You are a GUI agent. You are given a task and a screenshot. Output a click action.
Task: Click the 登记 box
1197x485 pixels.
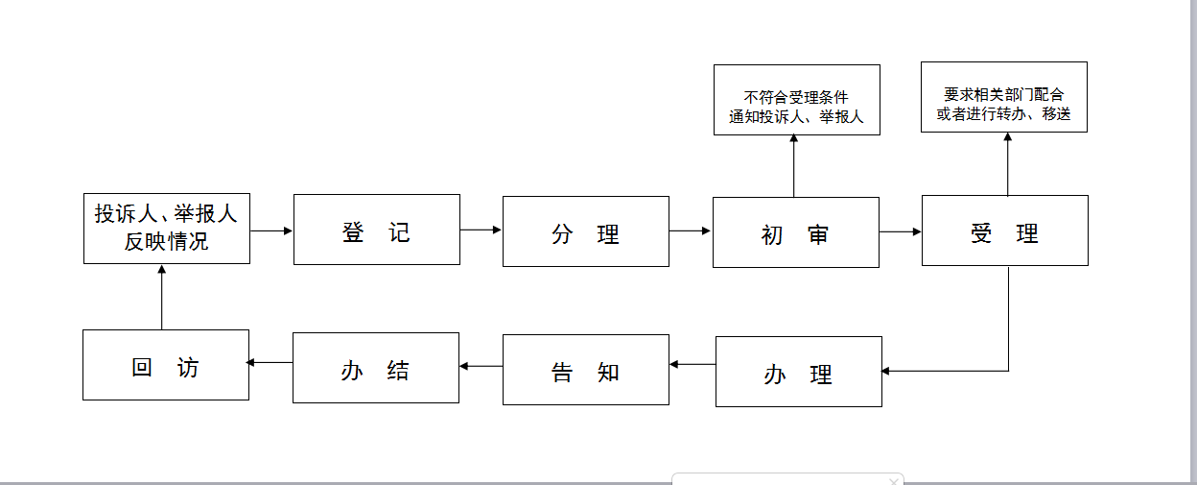(377, 230)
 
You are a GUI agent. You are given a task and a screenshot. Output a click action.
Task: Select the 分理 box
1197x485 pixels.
(586, 231)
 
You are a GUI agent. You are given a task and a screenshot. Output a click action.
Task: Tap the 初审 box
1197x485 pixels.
(796, 232)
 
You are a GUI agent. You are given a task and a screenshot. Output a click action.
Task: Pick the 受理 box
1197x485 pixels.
(1004, 230)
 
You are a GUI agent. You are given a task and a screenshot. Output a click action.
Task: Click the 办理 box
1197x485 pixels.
(799, 372)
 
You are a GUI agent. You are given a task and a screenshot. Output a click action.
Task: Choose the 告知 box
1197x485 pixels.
(586, 370)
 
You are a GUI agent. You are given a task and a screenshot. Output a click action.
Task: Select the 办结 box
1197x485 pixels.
(376, 368)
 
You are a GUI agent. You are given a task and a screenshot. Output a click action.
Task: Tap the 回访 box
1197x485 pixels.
(166, 365)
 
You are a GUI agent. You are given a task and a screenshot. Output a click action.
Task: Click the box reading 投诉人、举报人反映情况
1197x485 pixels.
(167, 229)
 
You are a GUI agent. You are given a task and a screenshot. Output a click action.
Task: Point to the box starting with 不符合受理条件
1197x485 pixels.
(797, 100)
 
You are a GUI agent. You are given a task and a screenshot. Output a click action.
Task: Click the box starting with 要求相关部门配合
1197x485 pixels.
(1004, 97)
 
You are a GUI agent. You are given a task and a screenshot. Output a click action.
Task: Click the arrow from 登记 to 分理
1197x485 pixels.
(481, 230)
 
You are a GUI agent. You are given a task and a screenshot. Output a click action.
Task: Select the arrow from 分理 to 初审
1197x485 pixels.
(691, 230)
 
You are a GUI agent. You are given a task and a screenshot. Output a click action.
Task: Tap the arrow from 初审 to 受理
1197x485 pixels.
(901, 231)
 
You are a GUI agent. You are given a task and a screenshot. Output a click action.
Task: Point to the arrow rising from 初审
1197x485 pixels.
(793, 166)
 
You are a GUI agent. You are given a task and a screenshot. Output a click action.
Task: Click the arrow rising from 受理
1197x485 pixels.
(1008, 164)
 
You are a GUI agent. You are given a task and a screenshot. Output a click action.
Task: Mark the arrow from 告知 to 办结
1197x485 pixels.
(481, 366)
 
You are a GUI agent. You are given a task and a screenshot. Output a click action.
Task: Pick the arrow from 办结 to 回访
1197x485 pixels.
(270, 362)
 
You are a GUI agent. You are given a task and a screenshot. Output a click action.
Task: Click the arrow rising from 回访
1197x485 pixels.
(161, 297)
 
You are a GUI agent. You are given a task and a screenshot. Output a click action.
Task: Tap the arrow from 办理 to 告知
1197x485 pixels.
(692, 364)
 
